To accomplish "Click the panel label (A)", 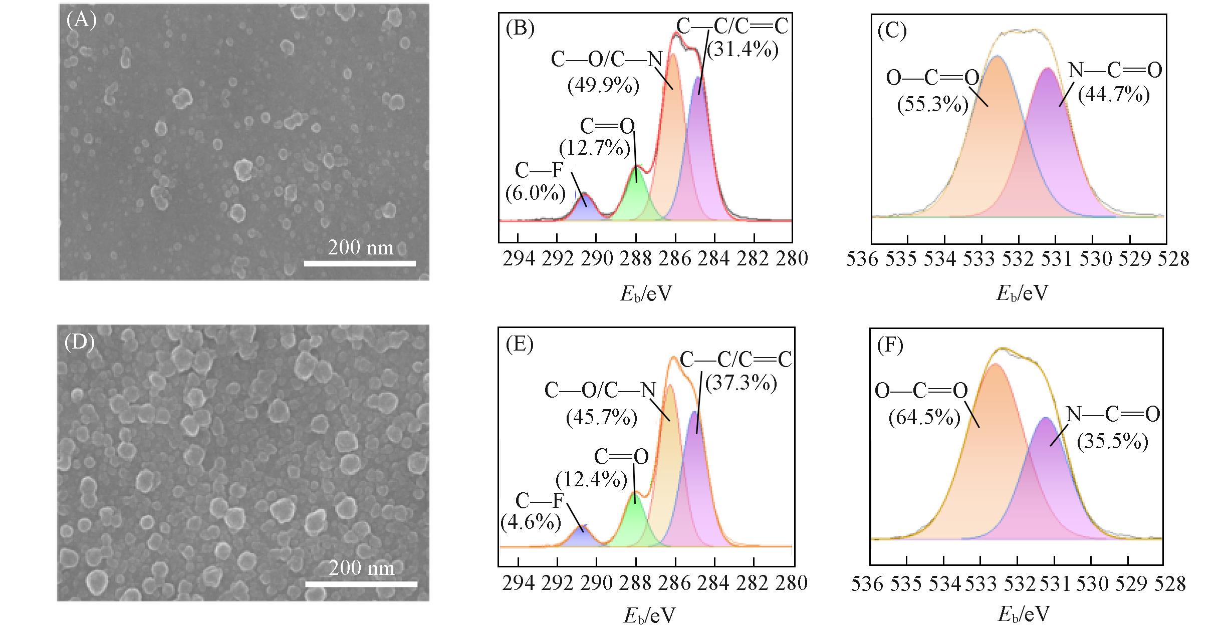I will click(81, 21).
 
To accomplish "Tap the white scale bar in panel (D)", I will click(361, 584).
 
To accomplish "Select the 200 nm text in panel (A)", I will click(361, 247).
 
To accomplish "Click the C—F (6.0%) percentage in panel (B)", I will click(535, 193).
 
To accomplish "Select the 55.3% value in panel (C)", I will click(932, 105).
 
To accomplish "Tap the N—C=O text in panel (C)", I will click(1115, 71).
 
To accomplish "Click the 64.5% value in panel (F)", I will click(924, 417).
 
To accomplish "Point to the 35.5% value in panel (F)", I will click(1112, 442).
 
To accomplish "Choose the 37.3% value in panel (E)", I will click(741, 383).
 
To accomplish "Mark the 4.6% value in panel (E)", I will click(531, 522).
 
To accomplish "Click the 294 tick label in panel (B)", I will click(519, 259).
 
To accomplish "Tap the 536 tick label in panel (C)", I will click(862, 259).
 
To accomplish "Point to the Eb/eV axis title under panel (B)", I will click(645, 293).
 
